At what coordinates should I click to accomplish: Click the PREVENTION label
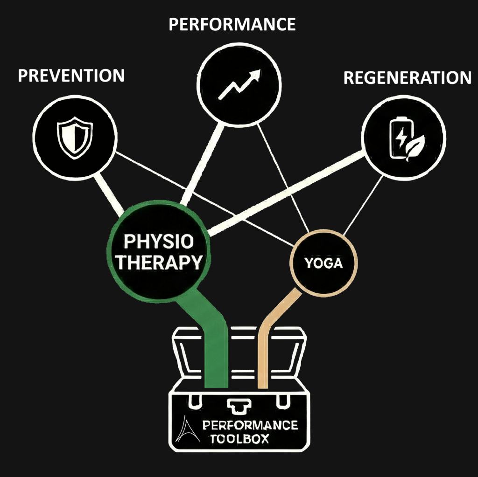pyautogui.click(x=71, y=75)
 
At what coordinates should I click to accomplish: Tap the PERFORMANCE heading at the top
pyautogui.click(x=232, y=24)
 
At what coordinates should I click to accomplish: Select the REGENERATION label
pyautogui.click(x=407, y=78)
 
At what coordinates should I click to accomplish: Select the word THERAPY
pyautogui.click(x=159, y=263)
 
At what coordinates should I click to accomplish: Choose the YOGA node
pyautogui.click(x=323, y=264)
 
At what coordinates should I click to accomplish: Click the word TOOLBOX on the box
pyautogui.click(x=239, y=439)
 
